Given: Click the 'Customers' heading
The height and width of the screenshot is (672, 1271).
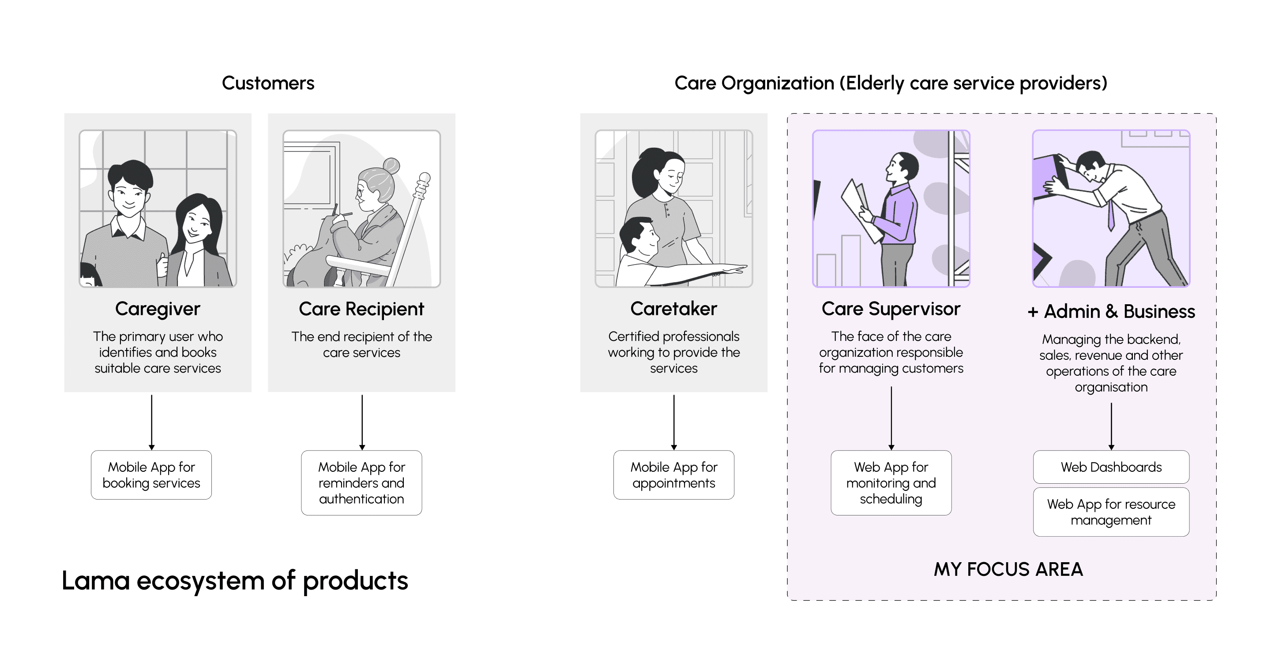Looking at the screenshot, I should (268, 83).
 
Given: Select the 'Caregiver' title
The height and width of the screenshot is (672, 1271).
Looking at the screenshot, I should (158, 309).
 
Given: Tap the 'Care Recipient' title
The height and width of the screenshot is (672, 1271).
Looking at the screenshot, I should (361, 309).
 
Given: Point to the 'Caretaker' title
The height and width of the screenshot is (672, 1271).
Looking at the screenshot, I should (673, 309).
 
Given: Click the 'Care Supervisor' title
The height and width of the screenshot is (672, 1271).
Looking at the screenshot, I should (891, 309).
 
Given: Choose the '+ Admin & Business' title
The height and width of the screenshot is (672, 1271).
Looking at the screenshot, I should (1111, 312).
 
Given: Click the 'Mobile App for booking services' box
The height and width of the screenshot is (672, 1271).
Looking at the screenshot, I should (151, 475).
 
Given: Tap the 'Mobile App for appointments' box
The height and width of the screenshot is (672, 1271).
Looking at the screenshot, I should (673, 475).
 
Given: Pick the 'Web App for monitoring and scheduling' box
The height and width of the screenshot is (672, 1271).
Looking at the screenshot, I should (891, 483).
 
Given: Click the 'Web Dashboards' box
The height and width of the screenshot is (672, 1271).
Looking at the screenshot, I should (1111, 467).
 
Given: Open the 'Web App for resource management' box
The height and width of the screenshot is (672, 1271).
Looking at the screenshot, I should (1111, 512).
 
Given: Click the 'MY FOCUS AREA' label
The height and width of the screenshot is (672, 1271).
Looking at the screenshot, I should (1008, 569).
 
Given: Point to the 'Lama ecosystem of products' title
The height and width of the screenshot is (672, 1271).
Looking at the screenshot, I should (235, 580).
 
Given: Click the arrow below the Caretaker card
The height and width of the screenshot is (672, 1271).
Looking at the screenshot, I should (673, 422).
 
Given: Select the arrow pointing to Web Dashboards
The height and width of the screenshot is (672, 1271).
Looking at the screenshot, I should (1111, 426).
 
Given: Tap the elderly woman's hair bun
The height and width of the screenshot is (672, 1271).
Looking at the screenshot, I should (391, 165).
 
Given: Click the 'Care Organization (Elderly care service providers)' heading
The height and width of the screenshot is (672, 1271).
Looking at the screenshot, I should (891, 83).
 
